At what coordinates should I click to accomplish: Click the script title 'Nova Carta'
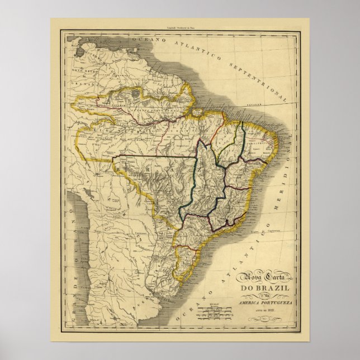[x=255, y=278]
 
